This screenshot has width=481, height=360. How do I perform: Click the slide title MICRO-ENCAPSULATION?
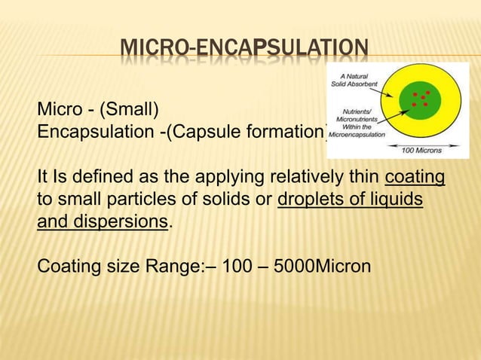244,52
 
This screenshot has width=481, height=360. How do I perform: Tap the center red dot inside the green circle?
423,98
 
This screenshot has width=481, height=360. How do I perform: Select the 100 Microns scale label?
422,150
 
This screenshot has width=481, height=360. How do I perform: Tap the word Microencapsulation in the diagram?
356,135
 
